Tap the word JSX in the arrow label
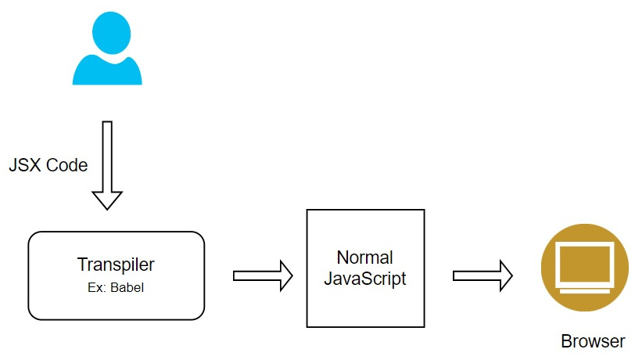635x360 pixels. click(23, 166)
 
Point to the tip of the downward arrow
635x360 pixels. click(107, 207)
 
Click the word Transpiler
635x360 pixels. click(116, 264)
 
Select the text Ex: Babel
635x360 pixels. click(116, 287)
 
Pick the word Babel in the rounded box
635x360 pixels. click(127, 287)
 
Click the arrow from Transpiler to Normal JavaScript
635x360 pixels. click(262, 275)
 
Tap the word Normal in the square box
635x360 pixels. click(364, 257)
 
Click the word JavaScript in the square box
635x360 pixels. click(364, 279)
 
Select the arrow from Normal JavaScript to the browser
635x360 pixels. click(482, 275)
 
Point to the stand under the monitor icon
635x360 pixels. click(584, 287)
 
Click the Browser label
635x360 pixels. click(593, 341)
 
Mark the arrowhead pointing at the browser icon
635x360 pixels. click(505, 275)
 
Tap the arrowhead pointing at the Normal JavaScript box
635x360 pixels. click(285, 275)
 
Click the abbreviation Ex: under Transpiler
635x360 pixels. click(96, 287)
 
